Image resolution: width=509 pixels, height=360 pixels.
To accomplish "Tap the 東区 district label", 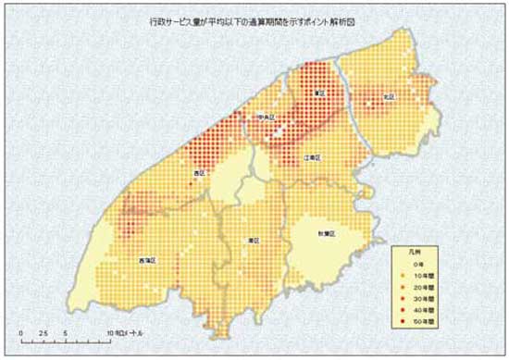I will (x=317, y=93).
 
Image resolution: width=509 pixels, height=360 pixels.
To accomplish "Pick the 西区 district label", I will (x=198, y=173).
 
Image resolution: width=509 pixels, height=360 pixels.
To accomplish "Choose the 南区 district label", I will (x=253, y=240).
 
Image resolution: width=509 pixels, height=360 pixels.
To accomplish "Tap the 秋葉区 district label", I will (x=325, y=234).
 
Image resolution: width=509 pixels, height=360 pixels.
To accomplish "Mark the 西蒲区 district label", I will (x=145, y=261).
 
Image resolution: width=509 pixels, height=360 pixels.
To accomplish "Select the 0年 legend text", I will (x=417, y=264).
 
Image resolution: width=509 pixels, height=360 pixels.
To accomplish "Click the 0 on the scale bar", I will (x=20, y=331).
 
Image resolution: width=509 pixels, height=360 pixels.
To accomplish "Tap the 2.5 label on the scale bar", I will (x=43, y=331).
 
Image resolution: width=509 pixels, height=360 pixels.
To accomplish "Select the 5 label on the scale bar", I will (x=65, y=331).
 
